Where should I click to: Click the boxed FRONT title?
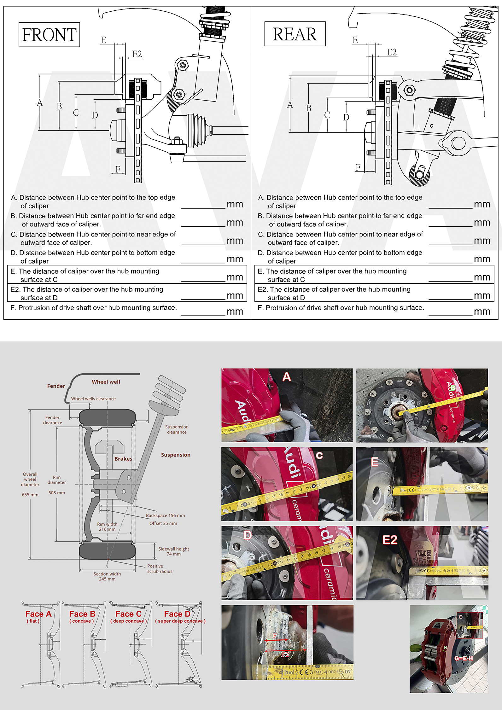point(49,35)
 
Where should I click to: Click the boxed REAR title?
point(295,34)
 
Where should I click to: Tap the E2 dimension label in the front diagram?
point(137,54)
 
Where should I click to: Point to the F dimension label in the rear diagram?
point(358,167)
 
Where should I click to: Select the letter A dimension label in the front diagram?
point(40,103)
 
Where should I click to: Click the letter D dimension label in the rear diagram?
point(346,117)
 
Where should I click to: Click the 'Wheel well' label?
point(106,382)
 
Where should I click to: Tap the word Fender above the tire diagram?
point(56,386)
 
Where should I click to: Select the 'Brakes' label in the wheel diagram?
point(123,459)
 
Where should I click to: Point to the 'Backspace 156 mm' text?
point(165,515)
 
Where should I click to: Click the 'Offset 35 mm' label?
point(163,523)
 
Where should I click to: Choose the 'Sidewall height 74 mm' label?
point(173,551)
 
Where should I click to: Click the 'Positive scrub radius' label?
point(160,568)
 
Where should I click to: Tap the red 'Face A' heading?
point(38,614)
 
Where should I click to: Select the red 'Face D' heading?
point(177,614)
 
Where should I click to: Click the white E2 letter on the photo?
point(390,540)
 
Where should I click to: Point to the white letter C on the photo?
point(319,455)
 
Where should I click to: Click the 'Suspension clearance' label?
point(177,429)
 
